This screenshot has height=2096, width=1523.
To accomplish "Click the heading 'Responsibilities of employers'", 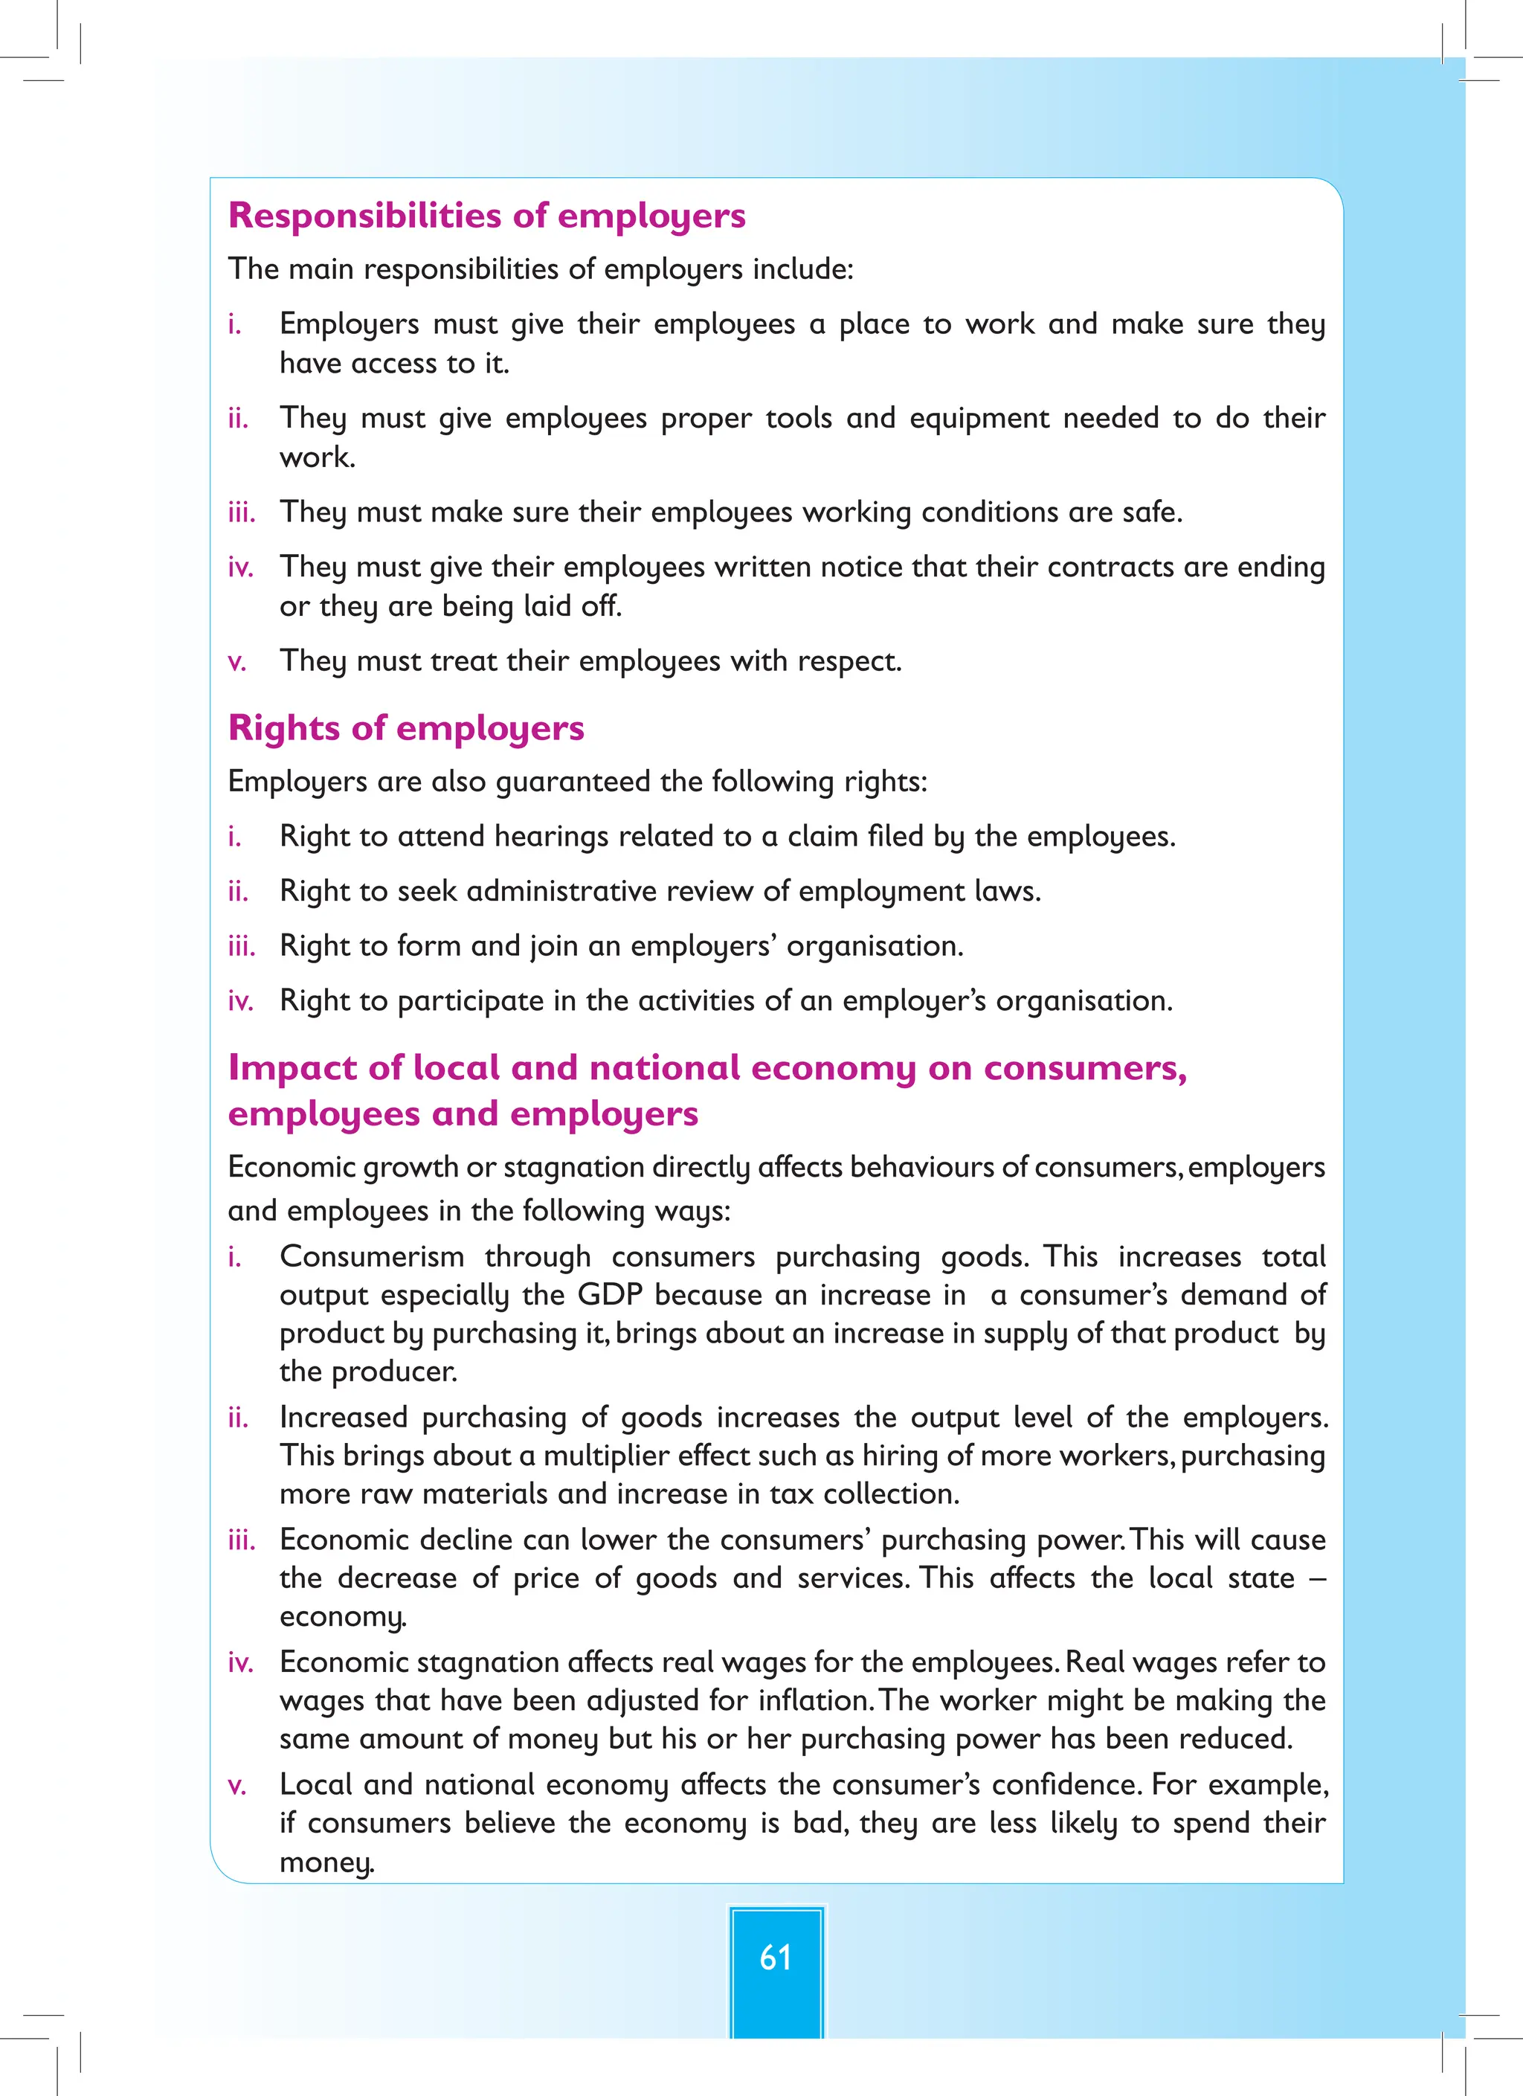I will (486, 216).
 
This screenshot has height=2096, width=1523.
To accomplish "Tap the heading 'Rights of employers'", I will (406, 727).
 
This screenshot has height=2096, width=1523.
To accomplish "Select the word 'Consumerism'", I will (372, 1256).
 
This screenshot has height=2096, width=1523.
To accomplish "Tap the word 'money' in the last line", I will (325, 1862).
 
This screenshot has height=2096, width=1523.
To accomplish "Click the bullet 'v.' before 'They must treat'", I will (236, 662).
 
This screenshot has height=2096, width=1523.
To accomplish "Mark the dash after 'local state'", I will (1318, 1578).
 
